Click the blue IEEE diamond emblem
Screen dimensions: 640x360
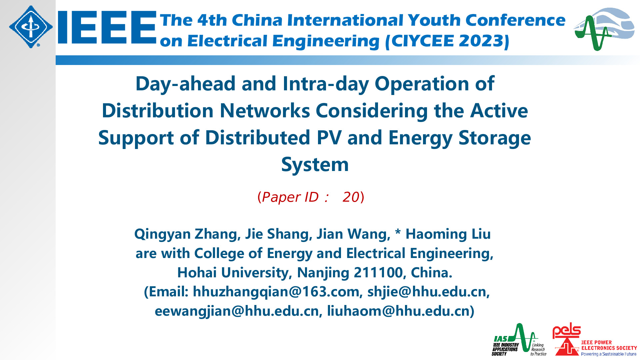pos(31,27)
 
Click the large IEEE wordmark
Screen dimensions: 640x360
pos(107,27)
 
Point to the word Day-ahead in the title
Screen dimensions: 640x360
pos(186,84)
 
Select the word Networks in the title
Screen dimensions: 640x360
pos(265,111)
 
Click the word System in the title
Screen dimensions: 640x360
pos(315,165)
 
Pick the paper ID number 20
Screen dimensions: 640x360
pos(351,197)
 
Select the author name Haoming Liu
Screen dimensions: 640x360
pos(448,234)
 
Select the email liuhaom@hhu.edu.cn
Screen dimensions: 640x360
pos(398,311)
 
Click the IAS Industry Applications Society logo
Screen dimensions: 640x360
pos(519,340)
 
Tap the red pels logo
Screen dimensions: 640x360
pos(567,331)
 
